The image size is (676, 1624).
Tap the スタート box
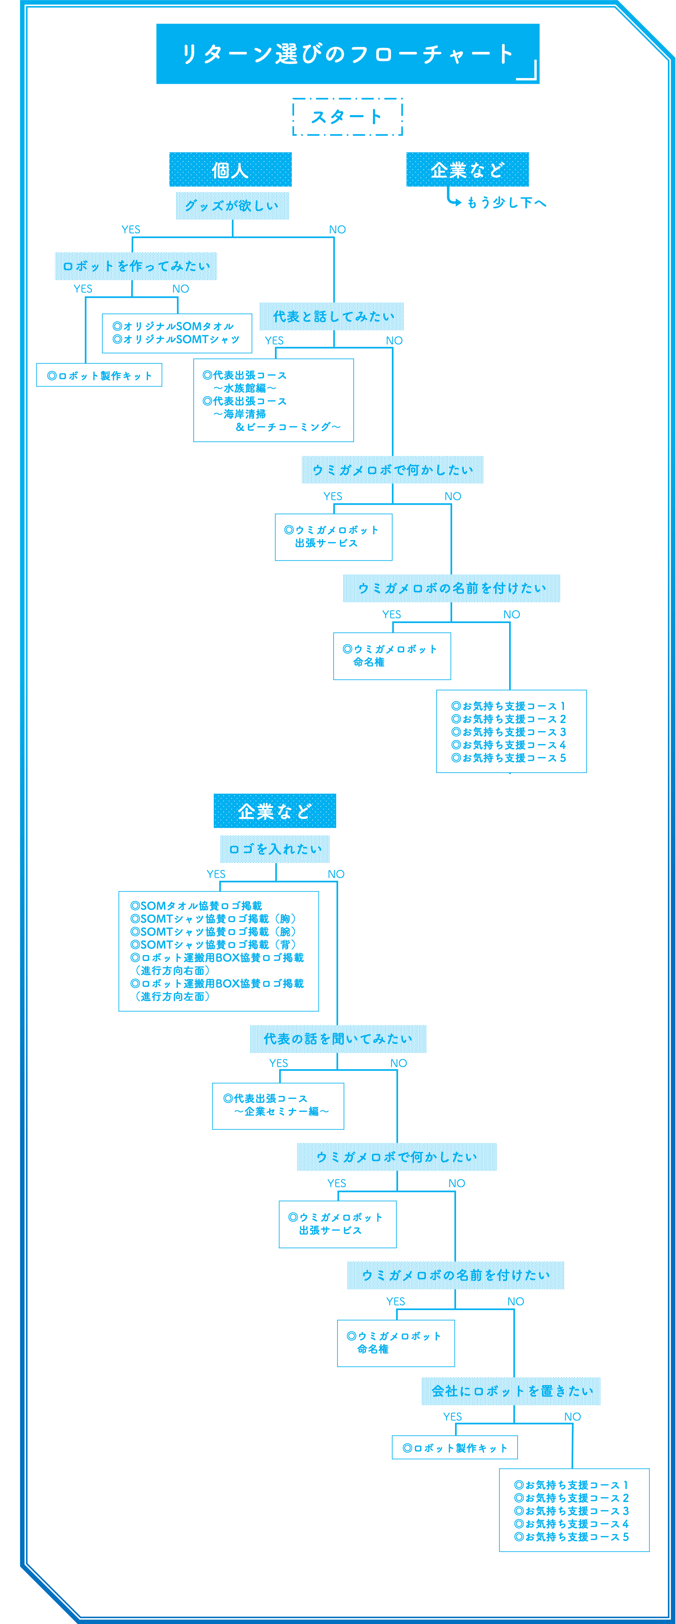point(348,117)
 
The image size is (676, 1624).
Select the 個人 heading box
point(230,170)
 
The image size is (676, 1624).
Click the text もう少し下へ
point(506,202)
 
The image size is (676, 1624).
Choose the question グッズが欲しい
point(232,206)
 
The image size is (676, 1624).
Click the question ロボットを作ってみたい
point(136,266)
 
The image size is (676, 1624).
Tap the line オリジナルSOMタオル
point(173,326)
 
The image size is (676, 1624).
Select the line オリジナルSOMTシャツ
point(176,339)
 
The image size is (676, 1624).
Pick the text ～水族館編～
point(245,388)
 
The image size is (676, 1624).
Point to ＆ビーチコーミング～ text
point(288,427)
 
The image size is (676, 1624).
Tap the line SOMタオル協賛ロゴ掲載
point(196,905)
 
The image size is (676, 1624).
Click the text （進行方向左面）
point(172,996)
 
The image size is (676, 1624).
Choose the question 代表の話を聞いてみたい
point(338,1039)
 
